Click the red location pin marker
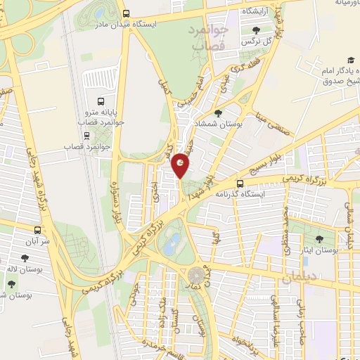[181, 165]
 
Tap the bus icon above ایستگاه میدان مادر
[126, 13]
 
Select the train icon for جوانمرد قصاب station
[100, 136]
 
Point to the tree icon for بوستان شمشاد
[218, 112]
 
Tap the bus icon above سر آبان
[37, 229]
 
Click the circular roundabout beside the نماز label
[194, 274]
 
